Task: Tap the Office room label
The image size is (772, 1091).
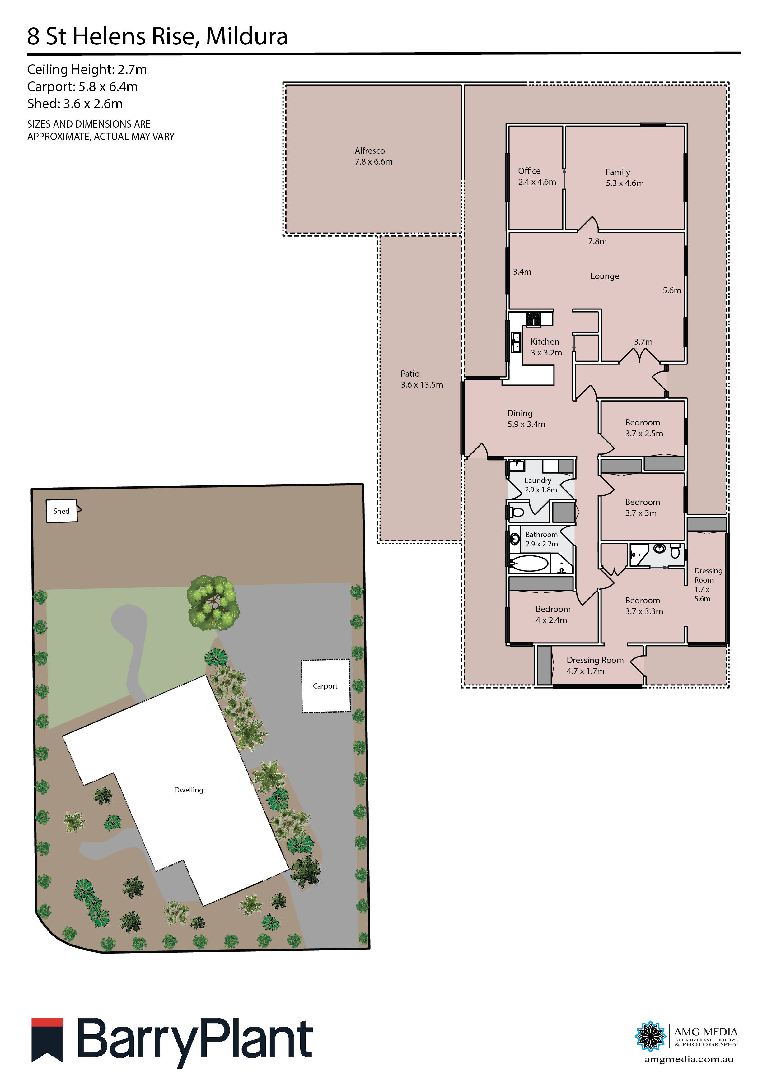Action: (536, 176)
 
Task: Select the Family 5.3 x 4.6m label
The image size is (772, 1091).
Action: (624, 178)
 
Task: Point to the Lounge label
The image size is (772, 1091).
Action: (604, 276)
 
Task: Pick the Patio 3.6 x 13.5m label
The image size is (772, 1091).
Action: (421, 379)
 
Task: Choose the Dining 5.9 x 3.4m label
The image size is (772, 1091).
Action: (526, 419)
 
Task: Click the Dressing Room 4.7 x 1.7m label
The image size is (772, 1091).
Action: (594, 665)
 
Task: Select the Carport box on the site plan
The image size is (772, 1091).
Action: (325, 686)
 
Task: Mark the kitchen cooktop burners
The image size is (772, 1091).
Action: (533, 318)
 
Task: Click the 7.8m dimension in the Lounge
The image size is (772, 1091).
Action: (597, 241)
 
